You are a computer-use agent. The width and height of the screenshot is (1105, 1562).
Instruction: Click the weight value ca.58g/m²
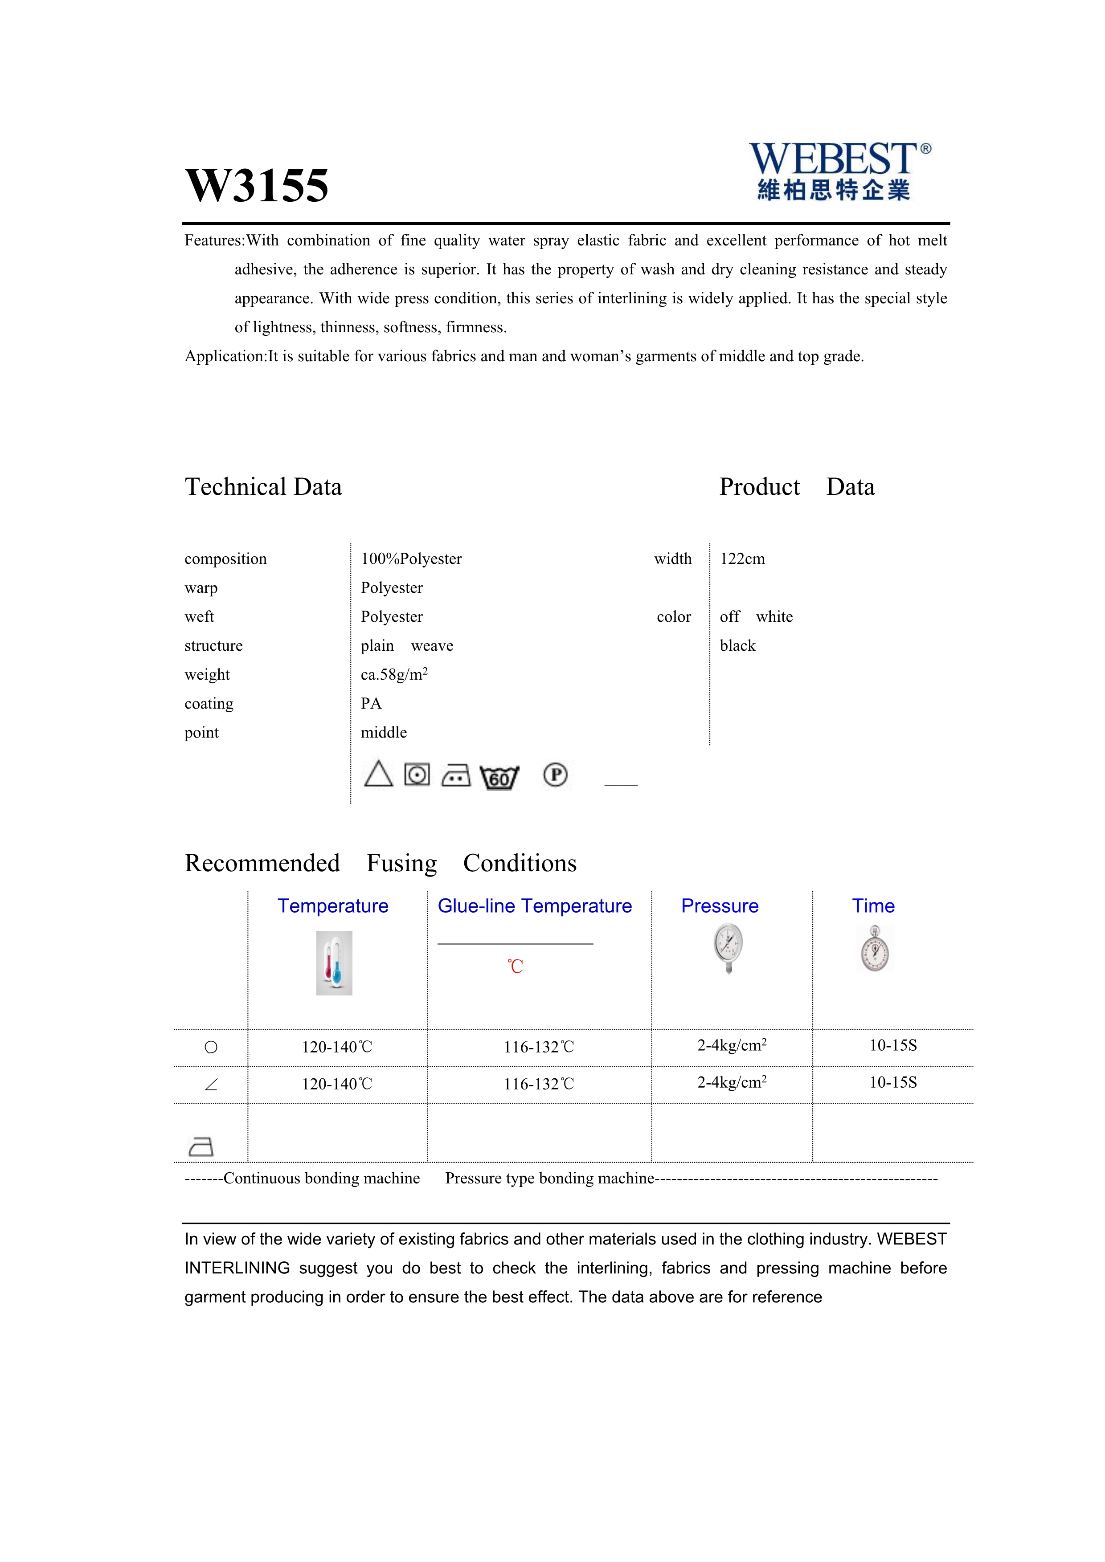pos(394,674)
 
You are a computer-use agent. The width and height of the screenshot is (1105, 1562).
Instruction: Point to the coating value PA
pos(371,703)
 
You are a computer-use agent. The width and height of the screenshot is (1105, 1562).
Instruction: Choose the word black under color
pos(737,646)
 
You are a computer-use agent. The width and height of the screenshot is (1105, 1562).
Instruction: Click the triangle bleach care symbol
pos(378,774)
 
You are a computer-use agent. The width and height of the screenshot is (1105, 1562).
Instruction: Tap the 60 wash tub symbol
pos(499,777)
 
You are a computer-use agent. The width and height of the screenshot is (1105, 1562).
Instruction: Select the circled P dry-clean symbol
pos(555,775)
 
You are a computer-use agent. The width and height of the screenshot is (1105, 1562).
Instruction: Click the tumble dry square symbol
pos(417,774)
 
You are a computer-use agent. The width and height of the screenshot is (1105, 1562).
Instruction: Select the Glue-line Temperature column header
pos(534,906)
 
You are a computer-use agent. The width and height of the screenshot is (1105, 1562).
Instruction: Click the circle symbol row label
pos(211,1047)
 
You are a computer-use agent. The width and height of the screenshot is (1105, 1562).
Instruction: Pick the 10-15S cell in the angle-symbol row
pos(893,1082)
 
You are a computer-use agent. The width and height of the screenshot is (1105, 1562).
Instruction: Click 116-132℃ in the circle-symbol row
pos(538,1047)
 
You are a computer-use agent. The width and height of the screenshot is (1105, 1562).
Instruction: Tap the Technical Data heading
pos(263,487)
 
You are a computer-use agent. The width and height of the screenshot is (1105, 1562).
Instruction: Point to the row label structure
pos(214,646)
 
